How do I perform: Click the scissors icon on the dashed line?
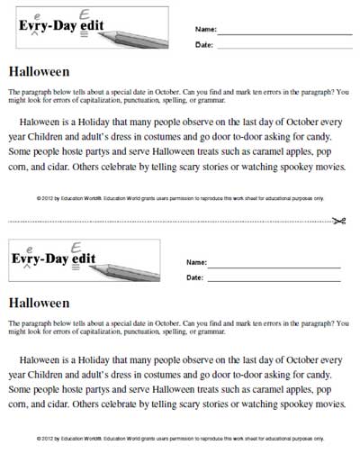(341, 222)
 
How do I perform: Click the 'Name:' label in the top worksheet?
(205, 30)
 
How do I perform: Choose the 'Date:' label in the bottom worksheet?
(195, 278)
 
